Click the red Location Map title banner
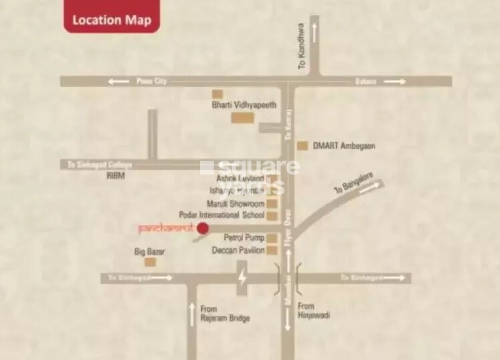[112, 19]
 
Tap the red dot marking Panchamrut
[203, 229]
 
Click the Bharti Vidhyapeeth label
[244, 105]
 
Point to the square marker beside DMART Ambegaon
[303, 145]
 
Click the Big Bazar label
[150, 252]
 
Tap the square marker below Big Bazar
[151, 262]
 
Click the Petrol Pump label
[242, 238]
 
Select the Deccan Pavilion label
[238, 250]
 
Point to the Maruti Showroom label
[236, 203]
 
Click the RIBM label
[116, 175]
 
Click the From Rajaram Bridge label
[225, 313]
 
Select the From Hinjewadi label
[314, 310]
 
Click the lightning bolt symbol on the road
[242, 278]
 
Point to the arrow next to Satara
[394, 81]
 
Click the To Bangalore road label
[353, 186]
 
